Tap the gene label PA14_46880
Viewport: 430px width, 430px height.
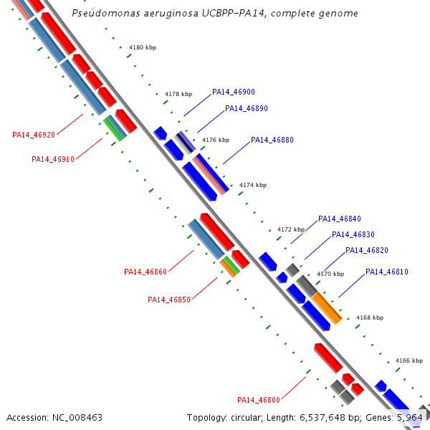(x=272, y=140)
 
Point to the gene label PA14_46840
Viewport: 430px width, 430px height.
(x=339, y=219)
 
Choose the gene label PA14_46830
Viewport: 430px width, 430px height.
(x=353, y=235)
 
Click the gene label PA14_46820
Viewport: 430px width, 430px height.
(x=366, y=251)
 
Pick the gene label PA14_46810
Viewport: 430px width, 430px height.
(x=386, y=272)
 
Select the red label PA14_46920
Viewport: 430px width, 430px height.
(x=34, y=135)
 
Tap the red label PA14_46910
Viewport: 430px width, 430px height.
(x=53, y=160)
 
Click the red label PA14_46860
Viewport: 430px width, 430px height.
(x=145, y=272)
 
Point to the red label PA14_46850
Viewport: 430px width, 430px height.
(x=169, y=300)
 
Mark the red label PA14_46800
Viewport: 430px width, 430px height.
(x=259, y=400)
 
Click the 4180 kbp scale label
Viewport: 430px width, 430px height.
(x=142, y=47)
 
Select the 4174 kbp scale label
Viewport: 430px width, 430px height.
(x=253, y=185)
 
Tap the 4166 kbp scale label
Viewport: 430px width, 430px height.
(x=409, y=361)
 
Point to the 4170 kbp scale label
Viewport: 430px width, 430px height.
(x=330, y=274)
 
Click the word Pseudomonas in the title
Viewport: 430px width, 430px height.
(x=103, y=14)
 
